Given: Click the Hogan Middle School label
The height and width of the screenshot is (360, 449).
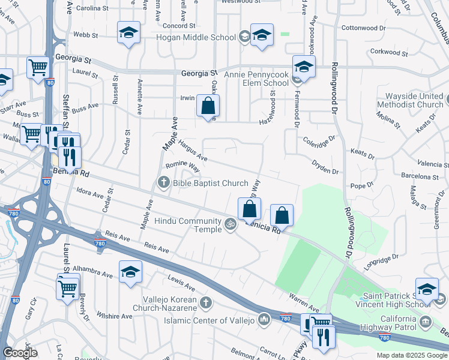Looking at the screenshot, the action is point(196,37).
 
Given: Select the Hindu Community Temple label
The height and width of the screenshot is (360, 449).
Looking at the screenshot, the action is point(188,226).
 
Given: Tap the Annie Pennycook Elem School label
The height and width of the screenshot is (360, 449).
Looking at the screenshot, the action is point(256,79).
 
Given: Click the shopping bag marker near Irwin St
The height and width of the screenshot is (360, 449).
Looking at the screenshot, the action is point(208,106).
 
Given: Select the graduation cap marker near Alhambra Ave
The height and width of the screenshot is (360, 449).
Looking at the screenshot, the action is point(130,272).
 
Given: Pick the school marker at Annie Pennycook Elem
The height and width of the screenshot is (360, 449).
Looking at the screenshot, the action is point(304,68).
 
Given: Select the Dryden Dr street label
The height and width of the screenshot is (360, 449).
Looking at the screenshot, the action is point(325,167).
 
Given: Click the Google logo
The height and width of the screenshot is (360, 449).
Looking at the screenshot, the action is point(20,353).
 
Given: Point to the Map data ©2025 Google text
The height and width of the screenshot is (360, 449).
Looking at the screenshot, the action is point(411,355).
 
